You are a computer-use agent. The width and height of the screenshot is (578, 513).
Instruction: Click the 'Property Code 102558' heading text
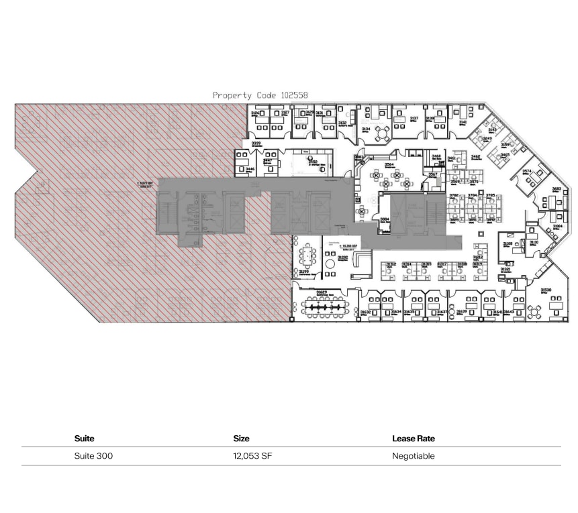[260, 95]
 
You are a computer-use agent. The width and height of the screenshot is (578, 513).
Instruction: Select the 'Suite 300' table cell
[93, 456]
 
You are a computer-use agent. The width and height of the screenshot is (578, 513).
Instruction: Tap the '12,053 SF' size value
[252, 456]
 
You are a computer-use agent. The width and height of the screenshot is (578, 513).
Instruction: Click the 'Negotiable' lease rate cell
[414, 456]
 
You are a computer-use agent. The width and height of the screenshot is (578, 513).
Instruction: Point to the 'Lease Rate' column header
[414, 439]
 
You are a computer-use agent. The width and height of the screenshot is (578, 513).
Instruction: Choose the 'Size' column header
[241, 439]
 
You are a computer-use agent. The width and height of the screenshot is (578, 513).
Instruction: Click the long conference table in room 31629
[326, 306]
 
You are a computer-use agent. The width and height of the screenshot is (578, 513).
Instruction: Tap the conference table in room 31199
[308, 255]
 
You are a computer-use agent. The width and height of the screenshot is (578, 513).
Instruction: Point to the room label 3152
[312, 161]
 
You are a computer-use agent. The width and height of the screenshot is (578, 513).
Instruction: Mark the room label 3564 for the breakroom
[389, 164]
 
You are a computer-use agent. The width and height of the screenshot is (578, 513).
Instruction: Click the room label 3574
[527, 171]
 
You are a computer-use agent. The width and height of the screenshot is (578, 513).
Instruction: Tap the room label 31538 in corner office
[546, 290]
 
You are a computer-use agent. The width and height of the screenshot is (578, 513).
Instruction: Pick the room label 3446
[250, 170]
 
